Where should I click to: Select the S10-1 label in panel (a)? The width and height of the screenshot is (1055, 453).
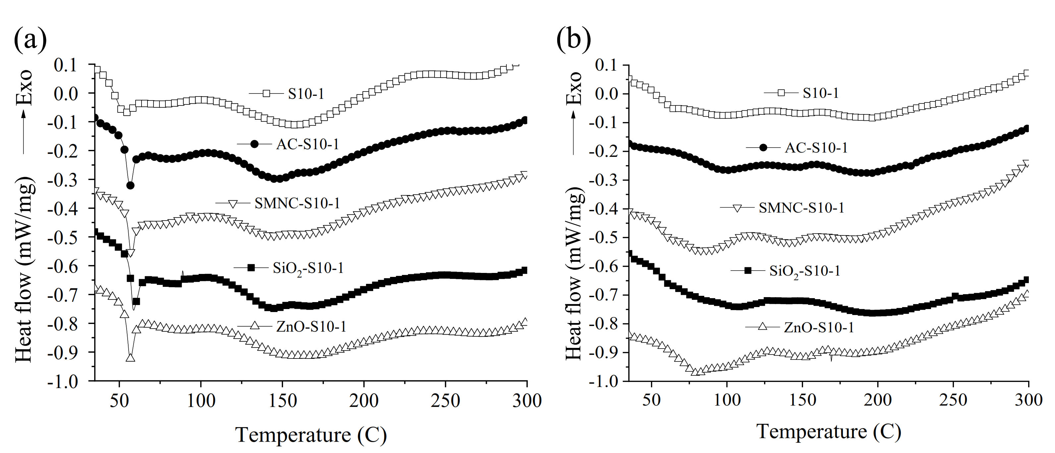306,94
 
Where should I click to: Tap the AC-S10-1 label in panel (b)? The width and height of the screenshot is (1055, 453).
816,148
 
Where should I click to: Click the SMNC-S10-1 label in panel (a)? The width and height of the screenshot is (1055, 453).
297,203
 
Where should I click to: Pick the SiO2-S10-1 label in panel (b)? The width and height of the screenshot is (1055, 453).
805,271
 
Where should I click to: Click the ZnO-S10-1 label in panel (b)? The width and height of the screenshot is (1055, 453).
819,328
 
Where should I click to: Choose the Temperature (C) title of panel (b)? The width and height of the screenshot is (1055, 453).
829,432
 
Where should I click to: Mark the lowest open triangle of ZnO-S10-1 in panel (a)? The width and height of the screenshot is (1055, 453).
131,357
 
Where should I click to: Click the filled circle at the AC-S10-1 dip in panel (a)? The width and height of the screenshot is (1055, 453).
130,185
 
